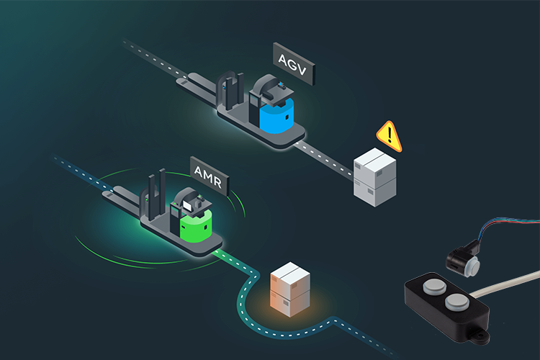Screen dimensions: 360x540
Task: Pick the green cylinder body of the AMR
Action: click(197, 228)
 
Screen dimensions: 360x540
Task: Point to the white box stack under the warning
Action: click(375, 176)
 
